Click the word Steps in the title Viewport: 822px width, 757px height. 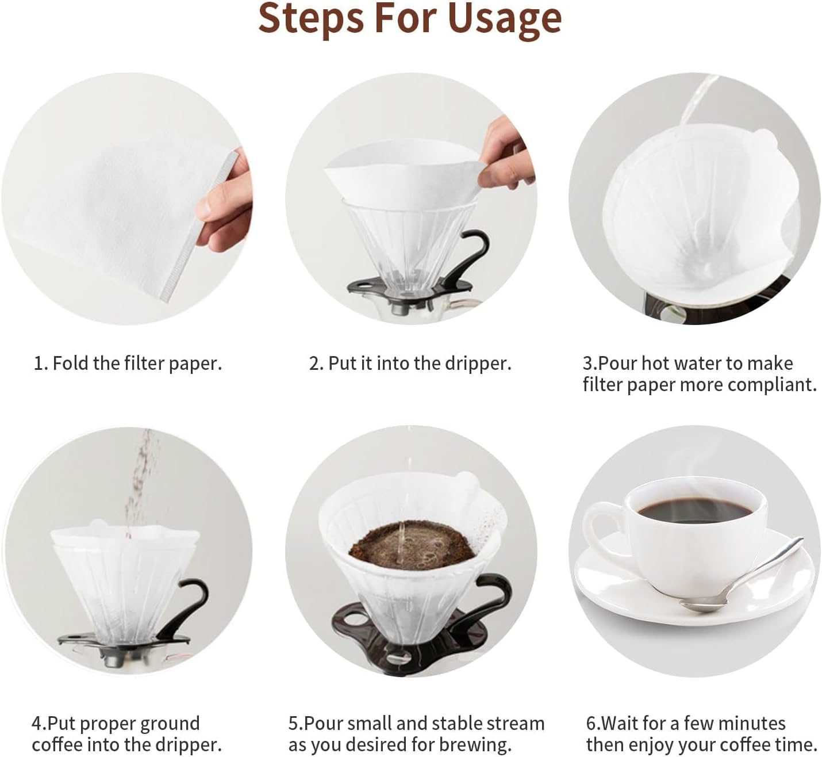tap(310, 18)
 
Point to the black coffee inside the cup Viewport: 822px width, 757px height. tap(695, 510)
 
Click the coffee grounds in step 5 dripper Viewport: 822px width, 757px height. tap(411, 546)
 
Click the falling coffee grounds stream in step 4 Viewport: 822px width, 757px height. tap(138, 483)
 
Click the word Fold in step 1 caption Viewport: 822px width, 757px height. tap(71, 364)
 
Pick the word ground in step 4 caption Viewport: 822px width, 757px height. tap(166, 724)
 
